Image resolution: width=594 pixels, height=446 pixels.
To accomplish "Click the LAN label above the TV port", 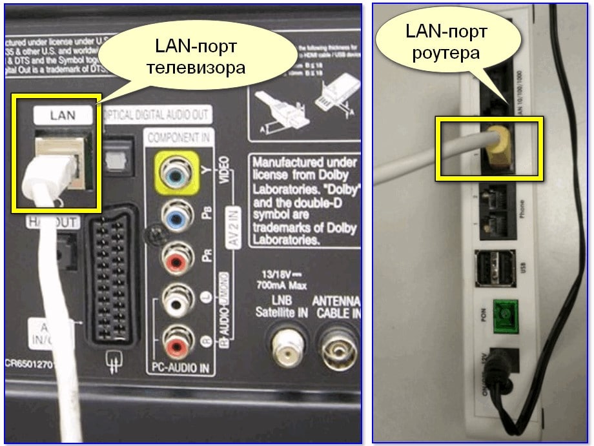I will click(x=63, y=116).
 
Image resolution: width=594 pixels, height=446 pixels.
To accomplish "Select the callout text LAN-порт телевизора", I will click(x=196, y=56).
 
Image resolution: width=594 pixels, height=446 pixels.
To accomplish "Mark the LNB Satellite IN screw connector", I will click(x=287, y=347).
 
